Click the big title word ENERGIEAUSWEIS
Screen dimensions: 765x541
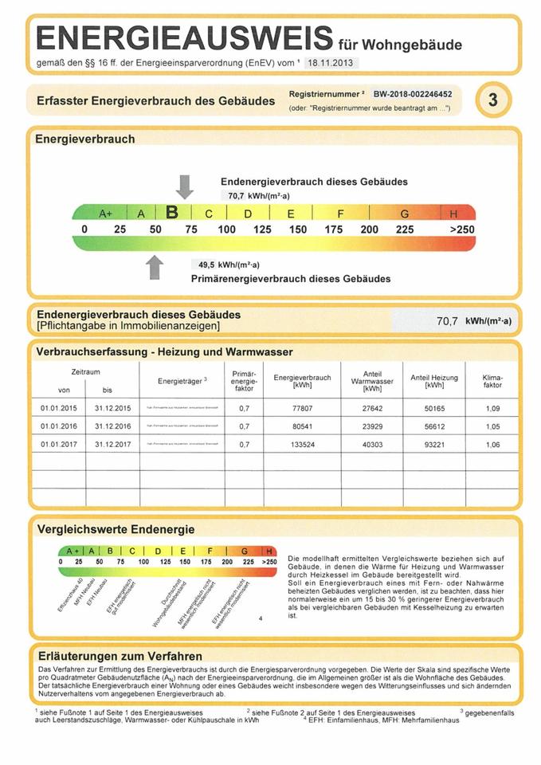click(184, 37)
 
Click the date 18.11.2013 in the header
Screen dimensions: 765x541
click(330, 63)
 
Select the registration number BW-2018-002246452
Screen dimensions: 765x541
click(423, 94)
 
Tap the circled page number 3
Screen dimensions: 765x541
click(492, 100)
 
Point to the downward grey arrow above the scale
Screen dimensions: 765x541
click(185, 186)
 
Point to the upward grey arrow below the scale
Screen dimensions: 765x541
click(155, 267)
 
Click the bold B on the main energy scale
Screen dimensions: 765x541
click(171, 213)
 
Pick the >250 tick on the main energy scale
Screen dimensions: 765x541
click(461, 230)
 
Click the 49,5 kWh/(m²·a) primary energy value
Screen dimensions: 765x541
click(229, 265)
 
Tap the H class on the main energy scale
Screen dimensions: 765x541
click(454, 214)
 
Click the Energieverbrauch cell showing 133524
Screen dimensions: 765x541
click(301, 444)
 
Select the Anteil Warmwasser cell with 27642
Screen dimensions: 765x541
click(372, 408)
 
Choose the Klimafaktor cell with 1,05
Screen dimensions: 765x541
click(492, 426)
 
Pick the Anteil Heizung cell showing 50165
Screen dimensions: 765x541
click(434, 408)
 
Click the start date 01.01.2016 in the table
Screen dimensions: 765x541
click(57, 426)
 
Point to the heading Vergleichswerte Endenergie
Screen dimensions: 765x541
click(116, 529)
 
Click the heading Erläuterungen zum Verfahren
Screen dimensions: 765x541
click(120, 656)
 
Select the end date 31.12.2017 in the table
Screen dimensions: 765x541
click(112, 444)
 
